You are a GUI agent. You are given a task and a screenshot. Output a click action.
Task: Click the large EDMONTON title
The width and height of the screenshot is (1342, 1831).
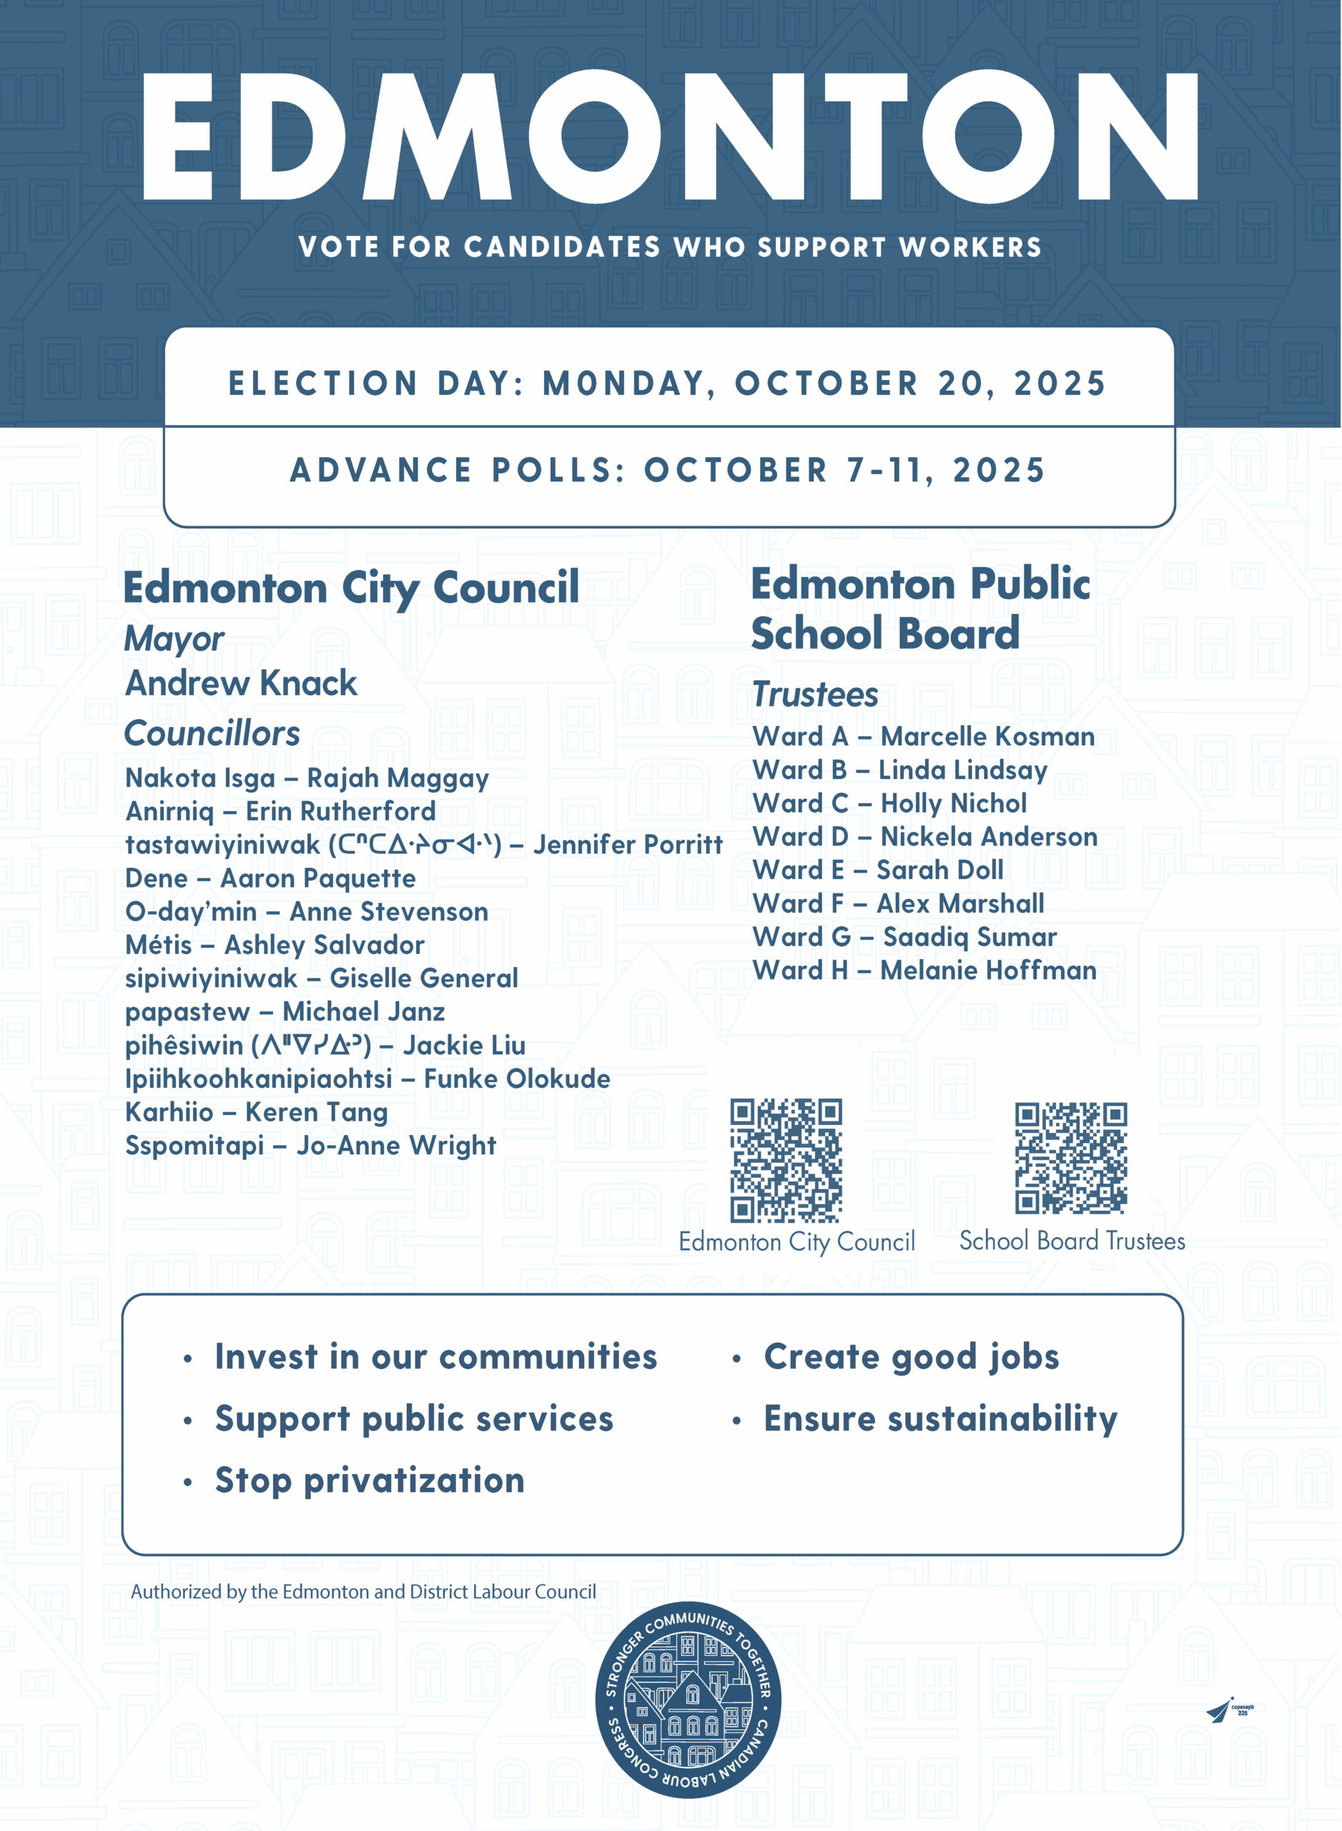pyautogui.click(x=670, y=137)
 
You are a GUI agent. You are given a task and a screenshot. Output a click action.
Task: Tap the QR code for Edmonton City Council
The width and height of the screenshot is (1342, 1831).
pyautogui.click(x=786, y=1161)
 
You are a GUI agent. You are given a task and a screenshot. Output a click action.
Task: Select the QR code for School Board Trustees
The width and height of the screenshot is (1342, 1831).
pyautogui.click(x=1071, y=1158)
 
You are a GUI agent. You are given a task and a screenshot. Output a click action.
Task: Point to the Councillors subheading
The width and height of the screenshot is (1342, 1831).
pyautogui.click(x=212, y=733)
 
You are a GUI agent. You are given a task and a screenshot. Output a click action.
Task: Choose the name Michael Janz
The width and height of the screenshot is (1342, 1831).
pyautogui.click(x=364, y=1012)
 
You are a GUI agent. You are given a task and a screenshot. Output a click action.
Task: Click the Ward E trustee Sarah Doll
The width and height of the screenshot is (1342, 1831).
pyautogui.click(x=940, y=870)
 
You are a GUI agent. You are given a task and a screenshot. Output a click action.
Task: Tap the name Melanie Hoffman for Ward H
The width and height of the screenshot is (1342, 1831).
pyautogui.click(x=989, y=971)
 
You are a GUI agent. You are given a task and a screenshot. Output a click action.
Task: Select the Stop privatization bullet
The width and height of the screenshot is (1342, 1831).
pyautogui.click(x=370, y=1480)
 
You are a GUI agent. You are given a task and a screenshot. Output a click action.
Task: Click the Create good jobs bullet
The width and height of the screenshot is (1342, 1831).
pyautogui.click(x=912, y=1356)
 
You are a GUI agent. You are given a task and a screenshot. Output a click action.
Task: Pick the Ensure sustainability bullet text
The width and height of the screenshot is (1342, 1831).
pyautogui.click(x=941, y=1418)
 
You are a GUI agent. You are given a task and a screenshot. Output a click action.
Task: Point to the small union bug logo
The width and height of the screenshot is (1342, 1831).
pyautogui.click(x=1229, y=1710)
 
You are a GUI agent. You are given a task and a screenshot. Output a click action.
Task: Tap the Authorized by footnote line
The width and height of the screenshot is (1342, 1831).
pyautogui.click(x=363, y=1592)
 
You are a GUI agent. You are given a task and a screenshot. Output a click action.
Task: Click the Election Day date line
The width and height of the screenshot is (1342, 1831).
pyautogui.click(x=668, y=383)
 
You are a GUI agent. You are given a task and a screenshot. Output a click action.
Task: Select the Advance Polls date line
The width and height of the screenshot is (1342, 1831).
pyautogui.click(x=668, y=471)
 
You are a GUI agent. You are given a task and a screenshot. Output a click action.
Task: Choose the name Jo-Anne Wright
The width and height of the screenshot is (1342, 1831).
pyautogui.click(x=396, y=1146)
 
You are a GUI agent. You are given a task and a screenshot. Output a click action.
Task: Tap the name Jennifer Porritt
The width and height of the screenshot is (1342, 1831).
pyautogui.click(x=628, y=845)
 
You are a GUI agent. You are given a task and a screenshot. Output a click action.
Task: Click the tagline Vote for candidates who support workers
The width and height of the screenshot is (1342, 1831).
pyautogui.click(x=670, y=247)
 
